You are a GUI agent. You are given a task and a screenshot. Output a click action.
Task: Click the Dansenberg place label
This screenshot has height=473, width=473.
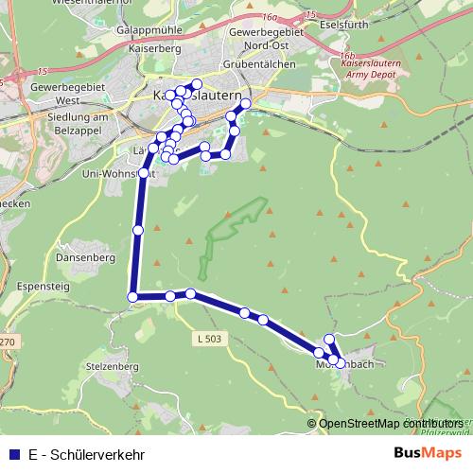85,256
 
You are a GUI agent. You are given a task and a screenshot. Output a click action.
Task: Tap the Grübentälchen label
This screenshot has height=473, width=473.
259,63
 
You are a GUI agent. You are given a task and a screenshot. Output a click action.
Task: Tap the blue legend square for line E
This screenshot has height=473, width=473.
12,454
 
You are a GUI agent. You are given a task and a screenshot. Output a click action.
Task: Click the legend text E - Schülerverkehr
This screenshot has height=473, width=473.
87,454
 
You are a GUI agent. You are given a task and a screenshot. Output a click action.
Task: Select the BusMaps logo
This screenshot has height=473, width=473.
428,454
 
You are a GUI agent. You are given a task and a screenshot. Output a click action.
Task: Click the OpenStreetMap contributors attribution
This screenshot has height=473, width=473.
390,424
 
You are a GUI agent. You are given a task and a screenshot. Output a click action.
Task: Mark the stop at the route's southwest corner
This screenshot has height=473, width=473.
132,297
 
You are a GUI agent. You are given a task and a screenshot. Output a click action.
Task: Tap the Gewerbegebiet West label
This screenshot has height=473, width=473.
44,92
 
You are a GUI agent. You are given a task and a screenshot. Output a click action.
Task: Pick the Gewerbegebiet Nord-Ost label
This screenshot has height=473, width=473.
256,38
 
